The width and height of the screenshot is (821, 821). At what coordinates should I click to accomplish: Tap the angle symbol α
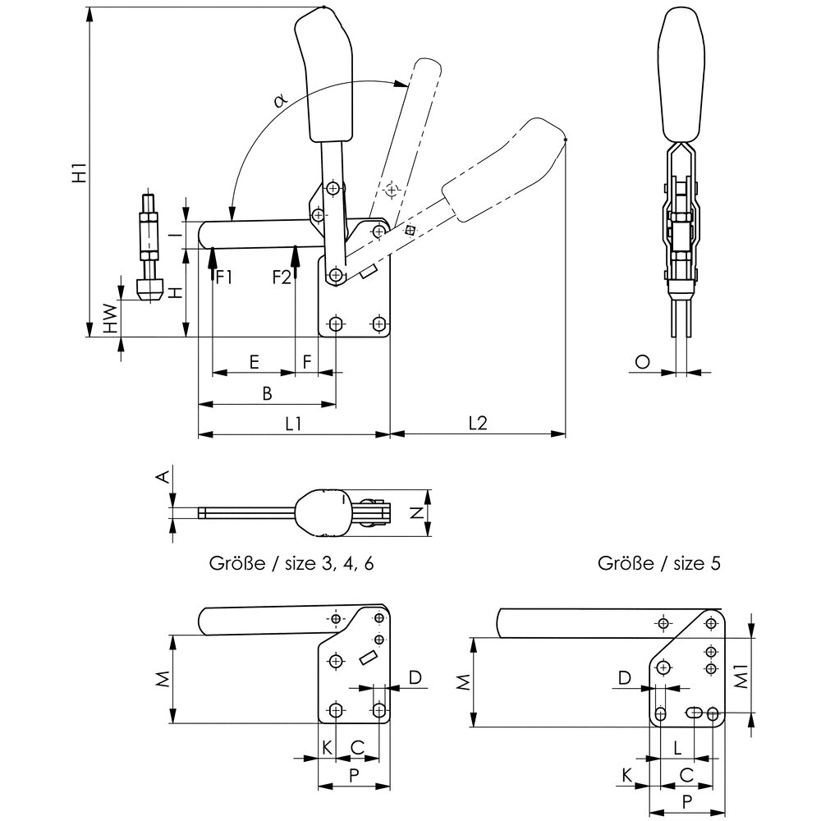[x=280, y=99]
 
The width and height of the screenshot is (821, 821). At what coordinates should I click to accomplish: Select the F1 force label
[x=223, y=277]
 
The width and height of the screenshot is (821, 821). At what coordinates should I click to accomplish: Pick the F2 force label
[x=282, y=277]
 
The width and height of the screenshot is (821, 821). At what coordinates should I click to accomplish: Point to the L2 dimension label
[x=478, y=424]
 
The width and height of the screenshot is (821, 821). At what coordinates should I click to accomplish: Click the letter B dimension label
[x=266, y=394]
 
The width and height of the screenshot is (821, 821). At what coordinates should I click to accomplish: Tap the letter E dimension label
[x=254, y=362]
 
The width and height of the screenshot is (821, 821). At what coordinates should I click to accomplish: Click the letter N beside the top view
[x=415, y=513]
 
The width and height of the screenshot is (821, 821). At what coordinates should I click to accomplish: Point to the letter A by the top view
[x=163, y=476]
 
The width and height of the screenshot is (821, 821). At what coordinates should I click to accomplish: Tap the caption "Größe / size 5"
[x=660, y=564]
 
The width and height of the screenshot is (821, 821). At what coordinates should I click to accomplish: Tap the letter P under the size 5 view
[x=686, y=800]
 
